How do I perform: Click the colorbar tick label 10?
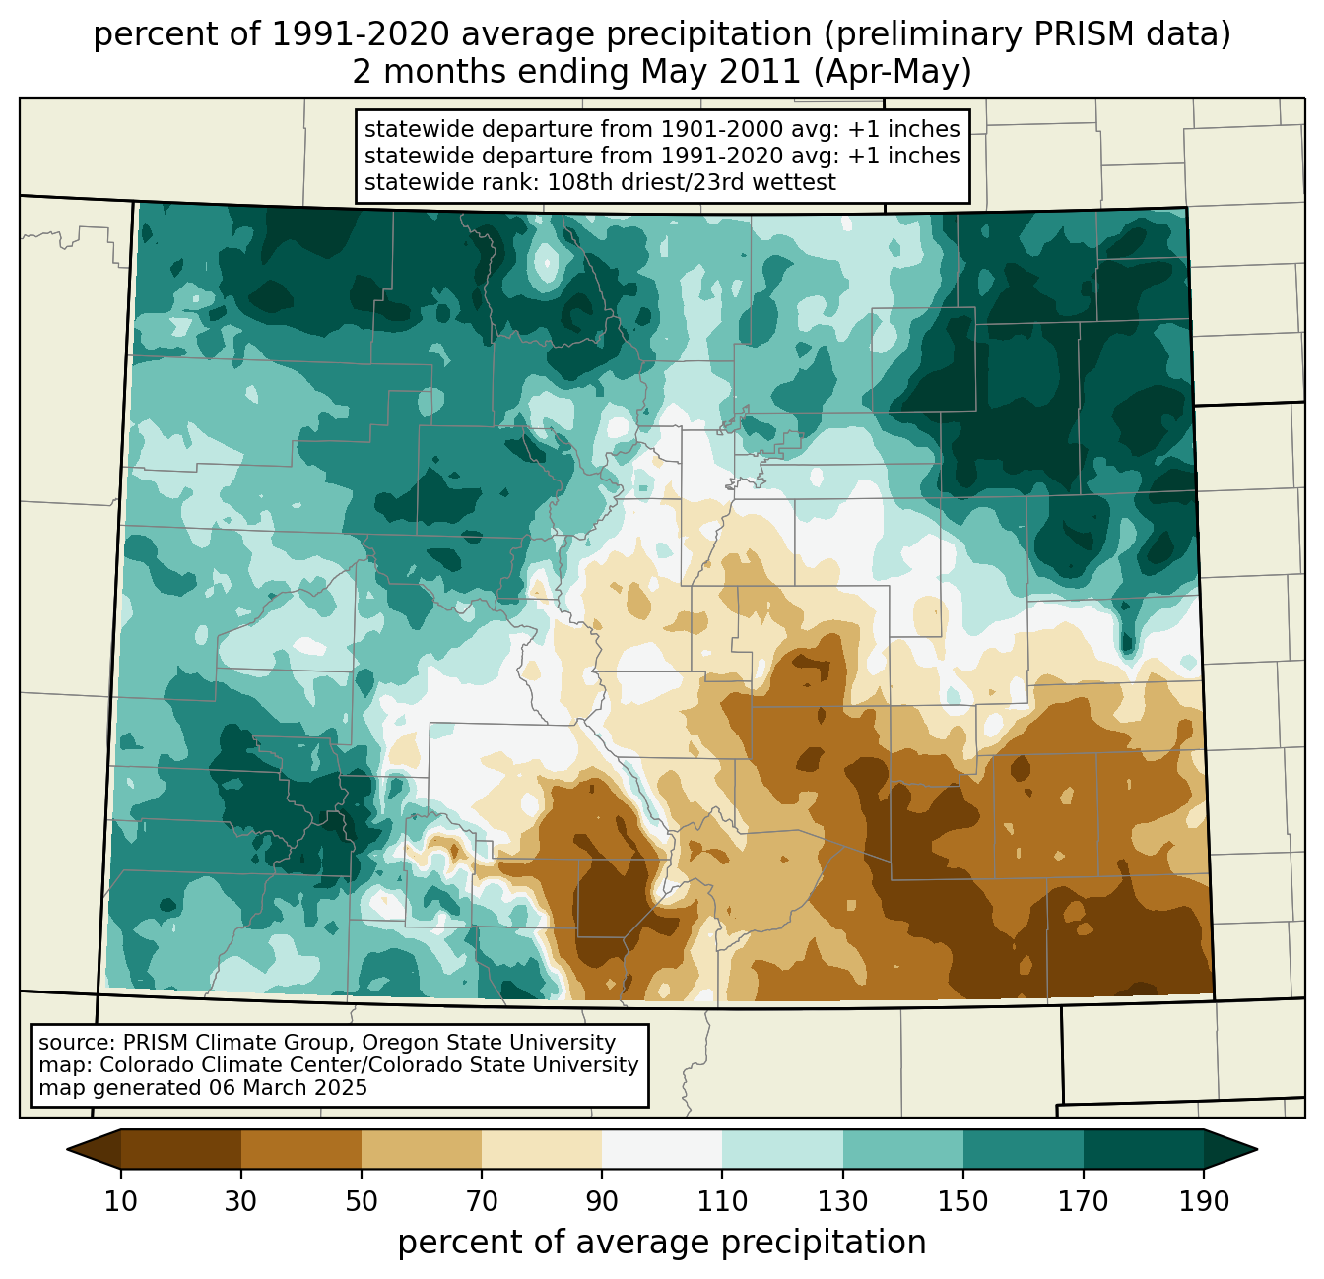[x=121, y=1202]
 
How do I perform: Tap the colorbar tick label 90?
[x=602, y=1202]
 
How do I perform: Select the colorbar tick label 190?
[x=1204, y=1202]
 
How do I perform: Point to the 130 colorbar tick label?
[x=843, y=1202]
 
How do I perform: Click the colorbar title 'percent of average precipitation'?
[x=662, y=1243]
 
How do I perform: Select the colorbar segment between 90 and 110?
[x=662, y=1149]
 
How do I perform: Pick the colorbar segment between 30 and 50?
[x=301, y=1149]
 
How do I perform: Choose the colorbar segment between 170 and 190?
[x=1144, y=1149]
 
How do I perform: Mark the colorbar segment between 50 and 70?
[x=422, y=1149]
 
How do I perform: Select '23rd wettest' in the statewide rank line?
[x=775, y=182]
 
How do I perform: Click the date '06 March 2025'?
[x=288, y=1088]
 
